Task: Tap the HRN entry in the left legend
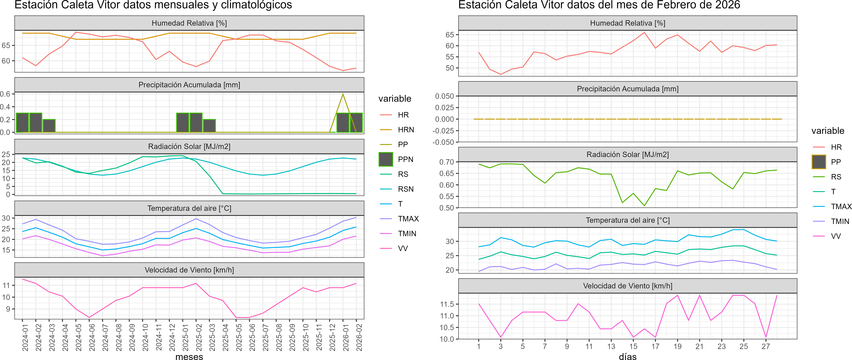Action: (x=406, y=130)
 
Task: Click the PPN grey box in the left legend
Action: (x=386, y=159)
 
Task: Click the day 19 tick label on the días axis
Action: (x=677, y=346)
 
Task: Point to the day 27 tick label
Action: (x=766, y=346)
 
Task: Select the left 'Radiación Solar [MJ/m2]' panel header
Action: (x=189, y=146)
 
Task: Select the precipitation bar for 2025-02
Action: (x=196, y=123)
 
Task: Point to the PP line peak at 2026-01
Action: (x=343, y=94)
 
